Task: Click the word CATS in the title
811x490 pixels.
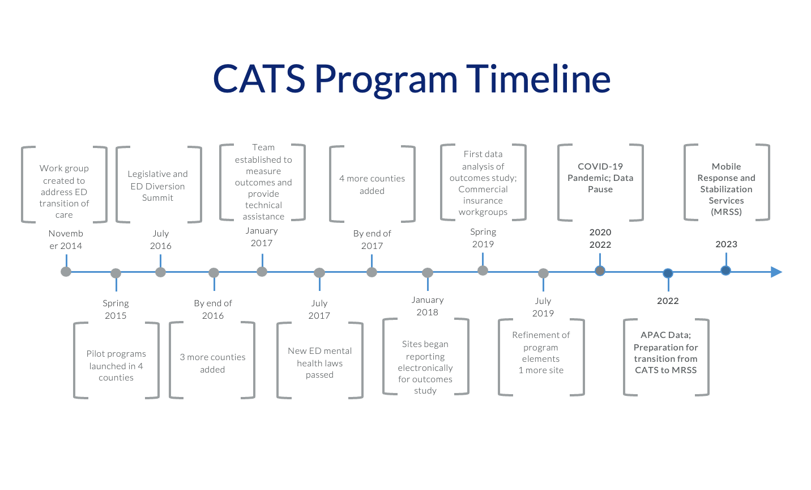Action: [259, 78]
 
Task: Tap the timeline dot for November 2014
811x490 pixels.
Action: [66, 272]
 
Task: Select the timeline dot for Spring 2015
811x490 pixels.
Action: [116, 273]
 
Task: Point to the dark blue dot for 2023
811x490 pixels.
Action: [725, 271]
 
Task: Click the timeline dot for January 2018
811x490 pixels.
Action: [428, 273]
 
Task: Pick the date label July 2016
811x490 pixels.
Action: [160, 239]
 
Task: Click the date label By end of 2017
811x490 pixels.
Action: [372, 239]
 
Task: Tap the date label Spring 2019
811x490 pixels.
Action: [483, 238]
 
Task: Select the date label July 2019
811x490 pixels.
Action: [543, 307]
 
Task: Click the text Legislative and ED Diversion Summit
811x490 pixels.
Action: [157, 186]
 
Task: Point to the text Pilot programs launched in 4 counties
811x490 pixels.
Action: [116, 366]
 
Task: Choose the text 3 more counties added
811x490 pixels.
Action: [212, 363]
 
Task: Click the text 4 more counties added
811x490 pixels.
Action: [372, 184]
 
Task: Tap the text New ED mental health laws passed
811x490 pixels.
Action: [319, 363]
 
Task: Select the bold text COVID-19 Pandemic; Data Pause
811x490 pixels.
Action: [600, 178]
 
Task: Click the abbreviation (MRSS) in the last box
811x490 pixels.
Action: [726, 212]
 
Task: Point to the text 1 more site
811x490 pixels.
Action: [541, 370]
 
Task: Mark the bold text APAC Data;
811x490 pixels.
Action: [665, 335]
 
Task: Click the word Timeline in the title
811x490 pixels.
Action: [538, 78]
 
